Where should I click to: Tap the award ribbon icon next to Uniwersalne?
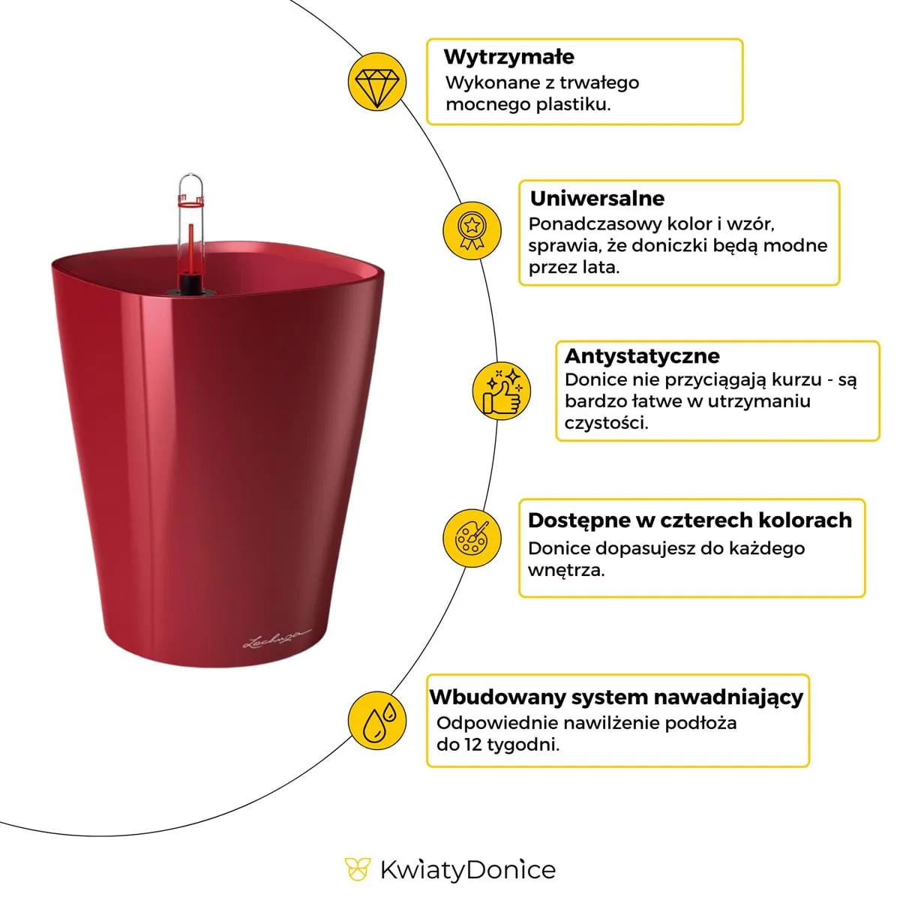coord(470,229)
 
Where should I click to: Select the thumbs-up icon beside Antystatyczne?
coord(502,391)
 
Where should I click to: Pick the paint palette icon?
coord(471,538)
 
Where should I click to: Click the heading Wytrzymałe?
coord(509,57)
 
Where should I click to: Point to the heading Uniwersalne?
coord(597,199)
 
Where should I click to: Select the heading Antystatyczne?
coord(642,355)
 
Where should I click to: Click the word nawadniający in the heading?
coord(728,697)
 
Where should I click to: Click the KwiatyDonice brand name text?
coord(468,870)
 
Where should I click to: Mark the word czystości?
coord(606,423)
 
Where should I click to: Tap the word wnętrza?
coord(565,570)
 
